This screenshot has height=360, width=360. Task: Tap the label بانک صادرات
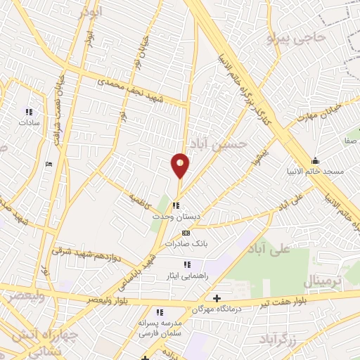[x=184, y=243]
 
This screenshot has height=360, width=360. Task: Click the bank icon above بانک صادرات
[x=186, y=233]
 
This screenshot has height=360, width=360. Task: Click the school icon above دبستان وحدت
[x=174, y=206]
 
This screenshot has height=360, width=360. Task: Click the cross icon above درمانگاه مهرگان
[x=217, y=299]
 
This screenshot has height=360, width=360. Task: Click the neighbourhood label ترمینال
[x=321, y=281]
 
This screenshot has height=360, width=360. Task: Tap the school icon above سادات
[x=30, y=111]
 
